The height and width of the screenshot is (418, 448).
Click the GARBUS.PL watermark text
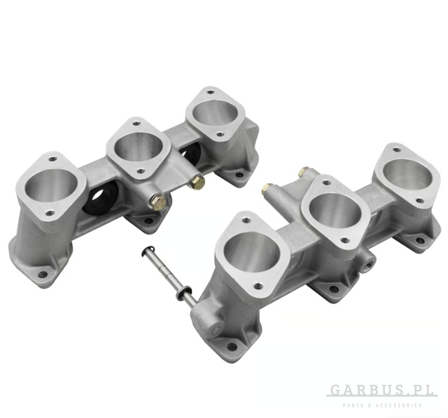(x=382, y=390)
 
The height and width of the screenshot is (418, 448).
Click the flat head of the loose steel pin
(x=147, y=251)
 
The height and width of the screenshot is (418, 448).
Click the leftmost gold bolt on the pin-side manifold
(x=267, y=188)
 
